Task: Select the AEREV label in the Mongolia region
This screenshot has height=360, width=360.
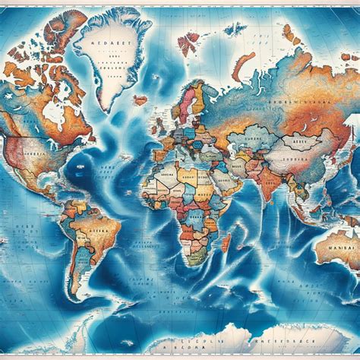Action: pos(308,139)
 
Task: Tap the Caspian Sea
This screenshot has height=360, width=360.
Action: pos(230,147)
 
